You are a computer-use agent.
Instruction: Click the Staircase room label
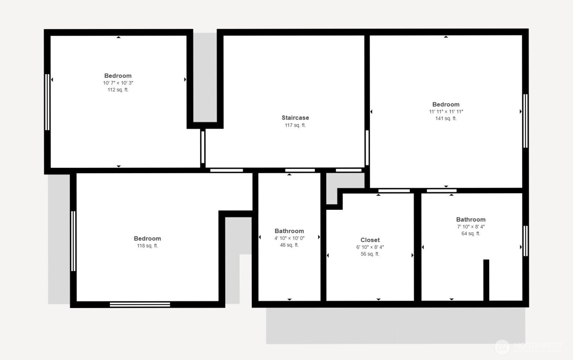[x=295, y=118]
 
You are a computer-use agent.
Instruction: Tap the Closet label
[x=370, y=240]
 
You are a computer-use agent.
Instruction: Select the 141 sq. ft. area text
[x=446, y=119]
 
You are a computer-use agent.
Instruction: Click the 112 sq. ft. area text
[x=118, y=90]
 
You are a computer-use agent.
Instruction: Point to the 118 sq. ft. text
[x=147, y=246]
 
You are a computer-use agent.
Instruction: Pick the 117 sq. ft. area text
[x=295, y=126]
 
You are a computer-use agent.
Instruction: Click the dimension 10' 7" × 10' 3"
[x=118, y=83]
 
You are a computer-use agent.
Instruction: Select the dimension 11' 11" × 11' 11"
[x=446, y=112]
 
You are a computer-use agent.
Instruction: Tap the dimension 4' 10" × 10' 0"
[x=289, y=238]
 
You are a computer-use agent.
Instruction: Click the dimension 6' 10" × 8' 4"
[x=370, y=247]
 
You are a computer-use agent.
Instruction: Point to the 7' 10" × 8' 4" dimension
[x=471, y=227]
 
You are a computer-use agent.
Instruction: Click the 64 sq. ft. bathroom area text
[x=471, y=234]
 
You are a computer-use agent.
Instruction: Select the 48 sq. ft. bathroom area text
[x=289, y=245]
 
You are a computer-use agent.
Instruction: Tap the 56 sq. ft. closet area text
[x=370, y=254]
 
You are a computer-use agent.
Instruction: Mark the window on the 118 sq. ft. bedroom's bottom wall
[x=140, y=304]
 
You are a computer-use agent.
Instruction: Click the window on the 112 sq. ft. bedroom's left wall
[x=47, y=102]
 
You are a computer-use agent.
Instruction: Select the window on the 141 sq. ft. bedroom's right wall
[x=526, y=121]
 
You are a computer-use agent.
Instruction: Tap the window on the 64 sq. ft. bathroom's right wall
[x=526, y=241]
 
